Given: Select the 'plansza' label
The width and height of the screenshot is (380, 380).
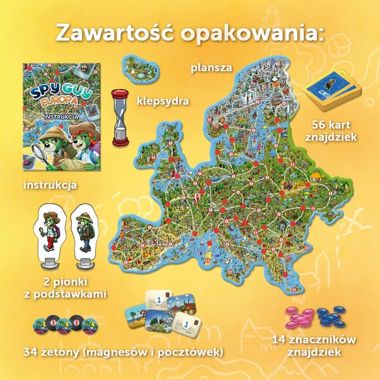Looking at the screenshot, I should pyautogui.click(x=211, y=67).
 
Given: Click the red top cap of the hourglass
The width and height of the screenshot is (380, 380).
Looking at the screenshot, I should pyautogui.click(x=119, y=93).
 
